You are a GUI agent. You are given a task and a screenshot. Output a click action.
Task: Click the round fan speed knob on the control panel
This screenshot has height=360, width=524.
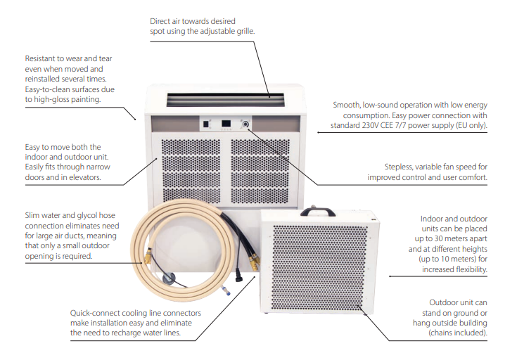(246, 124)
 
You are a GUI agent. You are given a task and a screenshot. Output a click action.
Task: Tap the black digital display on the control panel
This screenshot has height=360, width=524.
(226, 124)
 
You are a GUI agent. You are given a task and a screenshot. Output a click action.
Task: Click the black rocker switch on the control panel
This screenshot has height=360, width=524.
(207, 124)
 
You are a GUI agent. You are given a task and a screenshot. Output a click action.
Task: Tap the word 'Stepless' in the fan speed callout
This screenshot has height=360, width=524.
(400, 167)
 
